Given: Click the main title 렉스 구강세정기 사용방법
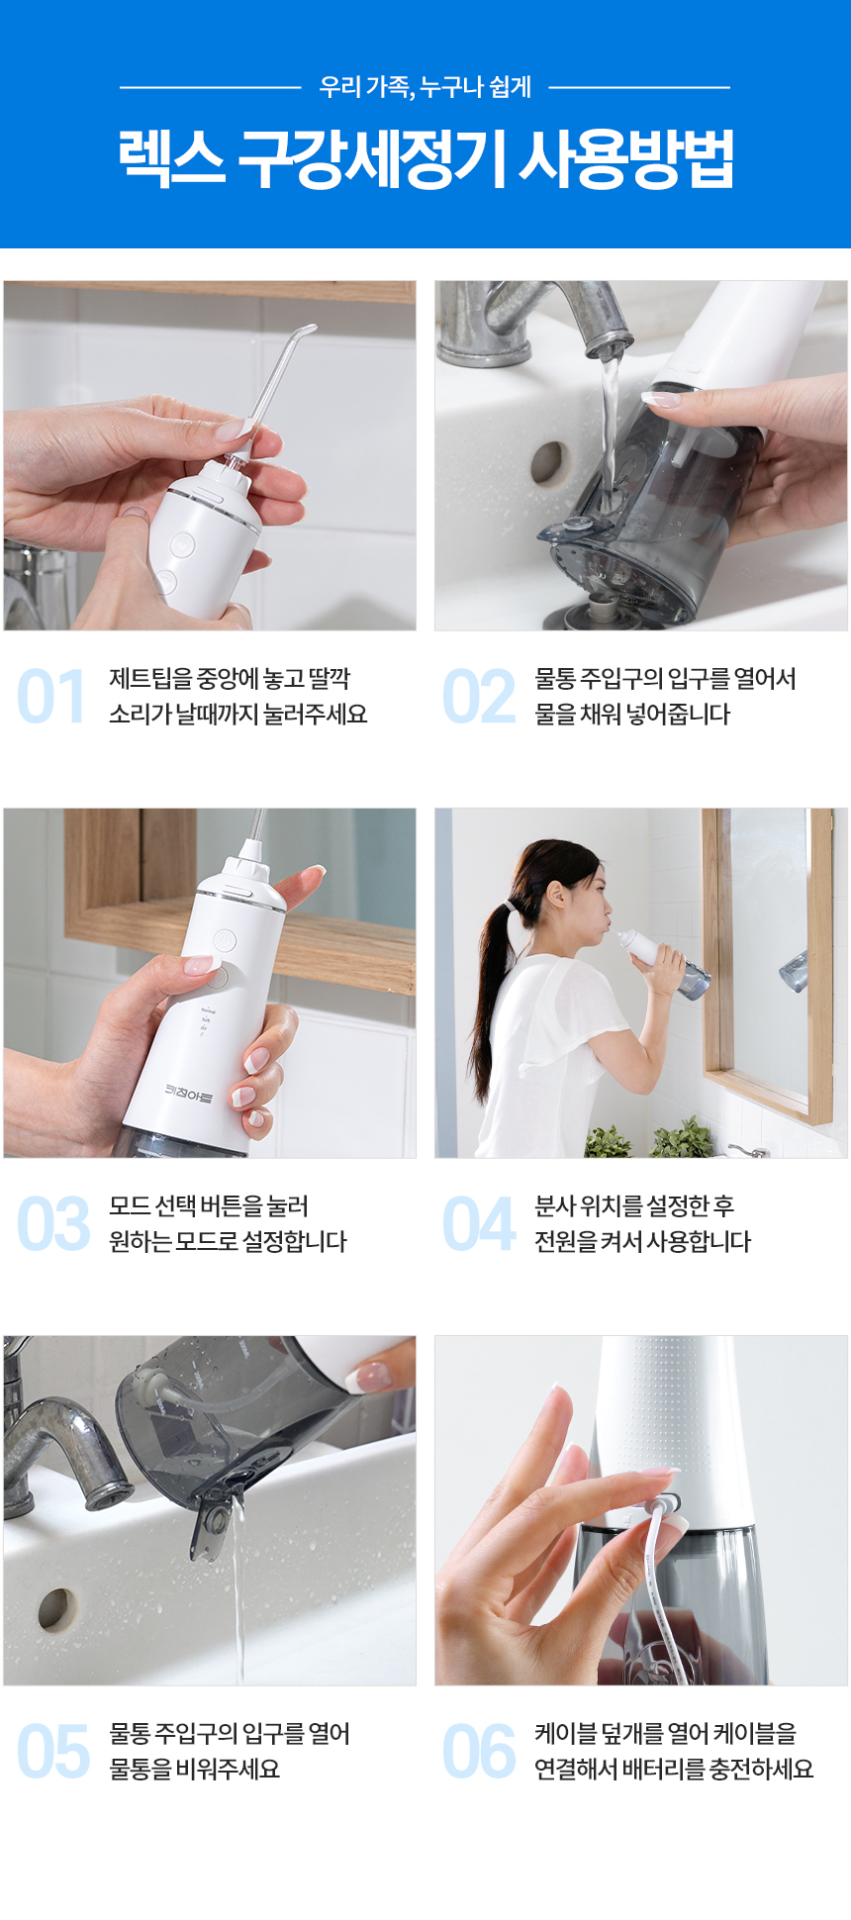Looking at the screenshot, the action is coord(425,158).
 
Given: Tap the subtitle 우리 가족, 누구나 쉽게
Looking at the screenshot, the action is coord(425,87).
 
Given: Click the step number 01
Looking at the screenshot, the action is coord(51,697).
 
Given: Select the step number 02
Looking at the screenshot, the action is coord(479,697).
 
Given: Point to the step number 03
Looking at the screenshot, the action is coord(53,1224).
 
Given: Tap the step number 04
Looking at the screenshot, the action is coord(479,1224).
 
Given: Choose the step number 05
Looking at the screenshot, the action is coord(53,1752).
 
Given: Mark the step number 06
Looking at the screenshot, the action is coord(479,1752).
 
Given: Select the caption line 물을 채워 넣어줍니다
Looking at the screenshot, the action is coord(632,715).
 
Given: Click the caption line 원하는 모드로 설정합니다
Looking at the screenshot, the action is coord(228,1242).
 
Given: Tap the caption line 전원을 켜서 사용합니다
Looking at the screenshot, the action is coord(643,1242).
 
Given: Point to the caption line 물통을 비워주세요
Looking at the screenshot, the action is coord(195,1770).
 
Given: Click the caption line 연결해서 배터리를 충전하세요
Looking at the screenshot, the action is coord(674,1770).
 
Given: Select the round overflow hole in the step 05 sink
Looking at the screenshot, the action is coord(57,1610).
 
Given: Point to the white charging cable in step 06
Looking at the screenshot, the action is coord(665,1584).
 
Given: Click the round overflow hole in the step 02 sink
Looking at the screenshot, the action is coord(547,462).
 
